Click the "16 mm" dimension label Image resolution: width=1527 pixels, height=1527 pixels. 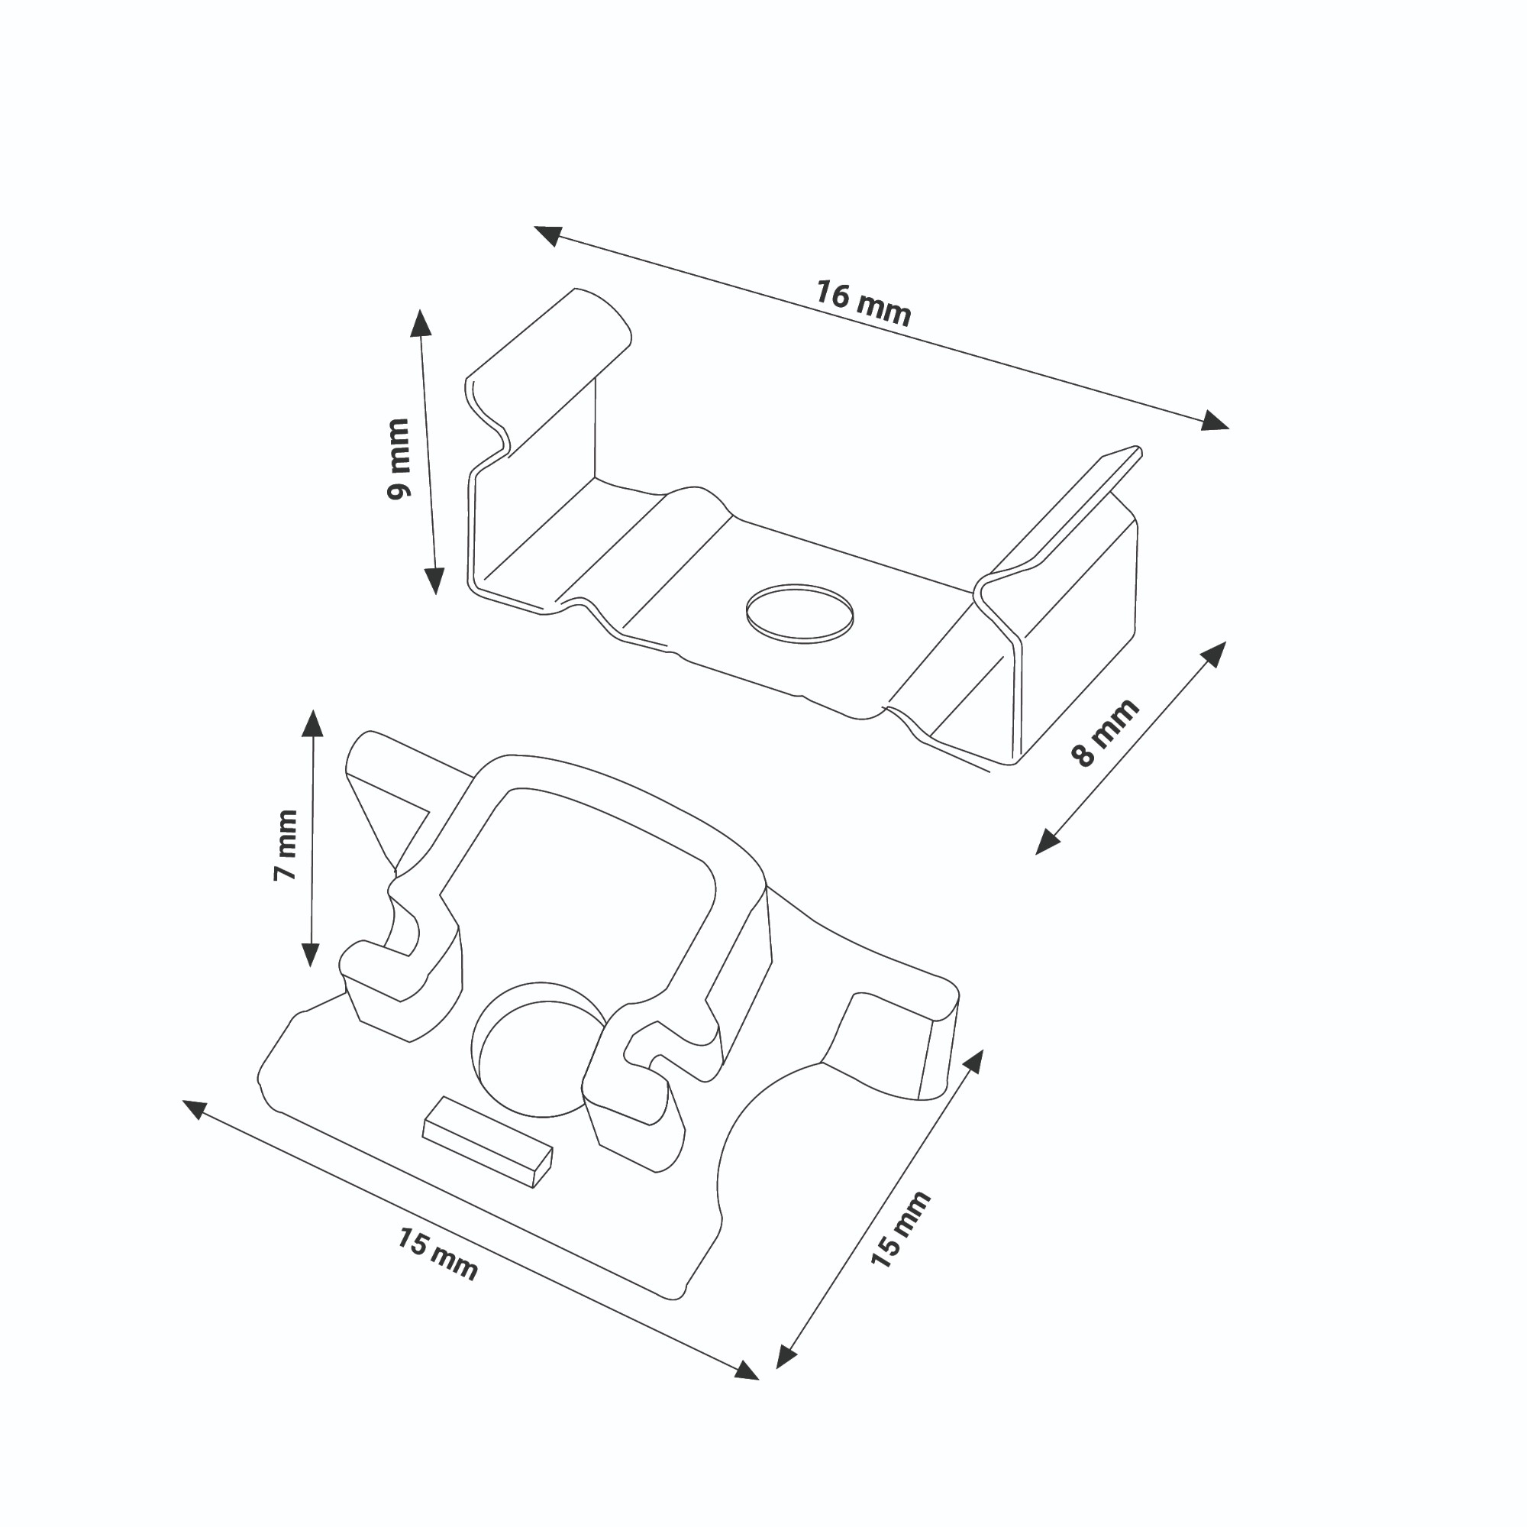[x=864, y=302]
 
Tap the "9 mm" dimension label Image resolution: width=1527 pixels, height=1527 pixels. [x=399, y=458]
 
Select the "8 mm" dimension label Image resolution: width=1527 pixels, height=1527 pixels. [x=1105, y=733]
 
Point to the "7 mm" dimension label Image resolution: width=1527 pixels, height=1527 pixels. [x=285, y=845]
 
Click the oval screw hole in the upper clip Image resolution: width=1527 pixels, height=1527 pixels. [x=800, y=613]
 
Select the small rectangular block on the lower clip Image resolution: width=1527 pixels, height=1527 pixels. [x=487, y=1142]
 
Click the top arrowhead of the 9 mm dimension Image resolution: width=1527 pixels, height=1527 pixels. [x=421, y=323]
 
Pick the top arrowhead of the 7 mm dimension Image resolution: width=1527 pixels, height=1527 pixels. [x=313, y=723]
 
